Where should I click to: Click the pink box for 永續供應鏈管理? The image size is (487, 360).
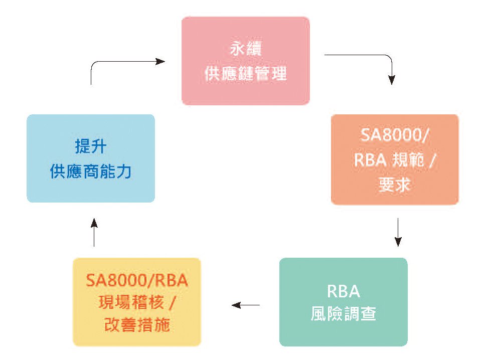(x=245, y=61)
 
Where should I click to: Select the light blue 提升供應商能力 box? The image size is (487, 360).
(x=91, y=158)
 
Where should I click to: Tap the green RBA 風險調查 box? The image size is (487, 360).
(x=343, y=302)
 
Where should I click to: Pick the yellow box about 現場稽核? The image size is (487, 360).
(x=136, y=302)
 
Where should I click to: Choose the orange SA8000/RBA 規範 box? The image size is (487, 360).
(x=395, y=159)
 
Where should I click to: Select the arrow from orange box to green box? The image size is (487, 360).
(x=398, y=232)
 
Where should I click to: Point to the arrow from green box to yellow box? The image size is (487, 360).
(x=246, y=305)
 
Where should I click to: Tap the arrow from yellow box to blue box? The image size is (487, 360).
(x=94, y=232)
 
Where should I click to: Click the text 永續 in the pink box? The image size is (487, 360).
(x=246, y=49)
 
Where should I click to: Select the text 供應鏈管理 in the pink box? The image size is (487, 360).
(x=246, y=74)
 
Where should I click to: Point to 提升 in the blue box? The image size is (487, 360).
(x=91, y=146)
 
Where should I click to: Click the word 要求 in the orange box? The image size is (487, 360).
(x=394, y=185)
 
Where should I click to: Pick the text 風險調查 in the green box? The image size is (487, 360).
(x=344, y=313)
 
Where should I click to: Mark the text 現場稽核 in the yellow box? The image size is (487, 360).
(x=131, y=302)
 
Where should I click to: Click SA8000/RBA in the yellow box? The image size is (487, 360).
(x=137, y=280)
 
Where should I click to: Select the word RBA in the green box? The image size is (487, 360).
(x=344, y=291)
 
